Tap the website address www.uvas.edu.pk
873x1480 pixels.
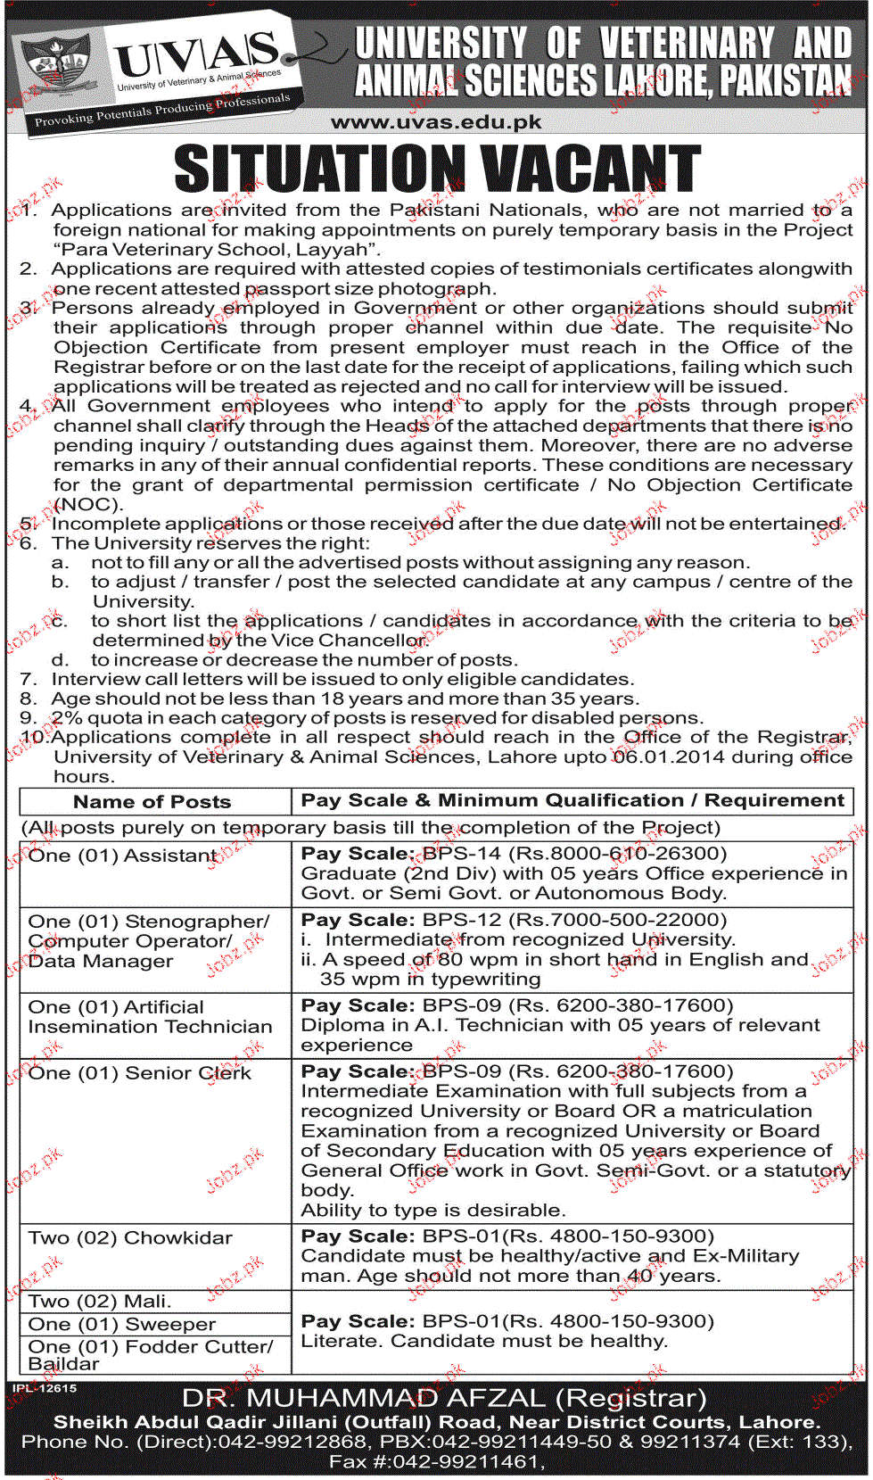436,122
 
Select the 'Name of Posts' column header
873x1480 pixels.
152,802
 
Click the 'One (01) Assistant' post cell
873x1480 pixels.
123,856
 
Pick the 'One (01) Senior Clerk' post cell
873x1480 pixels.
139,1073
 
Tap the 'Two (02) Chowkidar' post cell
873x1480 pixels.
130,1238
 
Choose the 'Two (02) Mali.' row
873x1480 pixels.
100,1302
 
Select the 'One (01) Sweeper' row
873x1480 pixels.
122,1325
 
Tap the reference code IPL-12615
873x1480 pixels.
45,1388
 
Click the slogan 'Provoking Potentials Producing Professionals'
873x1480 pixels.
162,111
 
